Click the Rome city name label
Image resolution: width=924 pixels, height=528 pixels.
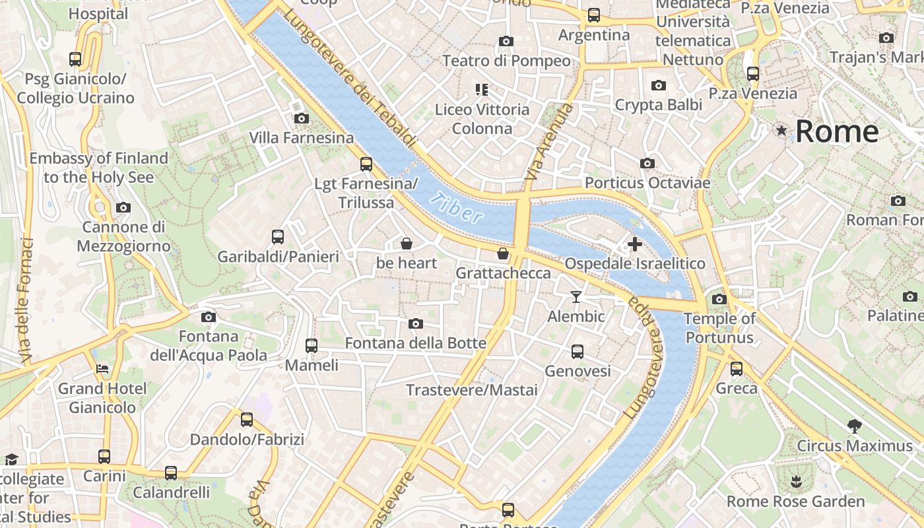[837, 132]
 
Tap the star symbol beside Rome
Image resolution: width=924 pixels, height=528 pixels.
[782, 131]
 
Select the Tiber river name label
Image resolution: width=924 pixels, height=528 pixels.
[455, 207]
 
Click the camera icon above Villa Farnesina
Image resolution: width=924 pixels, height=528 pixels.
[301, 119]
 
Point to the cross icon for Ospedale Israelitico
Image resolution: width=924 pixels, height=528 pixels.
[634, 244]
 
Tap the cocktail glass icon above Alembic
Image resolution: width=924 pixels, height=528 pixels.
[576, 297]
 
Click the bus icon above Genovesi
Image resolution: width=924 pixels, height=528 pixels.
[577, 352]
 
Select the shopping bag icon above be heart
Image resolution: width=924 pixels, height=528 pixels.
[407, 244]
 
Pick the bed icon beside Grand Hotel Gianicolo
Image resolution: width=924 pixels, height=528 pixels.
[102, 368]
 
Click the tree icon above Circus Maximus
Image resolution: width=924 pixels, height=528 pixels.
[854, 426]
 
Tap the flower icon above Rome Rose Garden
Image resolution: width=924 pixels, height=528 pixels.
[795, 482]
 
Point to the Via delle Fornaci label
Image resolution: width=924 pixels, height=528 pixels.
[27, 300]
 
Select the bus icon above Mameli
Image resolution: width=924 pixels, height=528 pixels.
[311, 345]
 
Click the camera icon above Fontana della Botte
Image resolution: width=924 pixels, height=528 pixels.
[415, 323]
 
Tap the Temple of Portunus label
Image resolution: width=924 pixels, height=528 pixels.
[719, 328]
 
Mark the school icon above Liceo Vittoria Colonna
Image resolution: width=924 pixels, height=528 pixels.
[482, 89]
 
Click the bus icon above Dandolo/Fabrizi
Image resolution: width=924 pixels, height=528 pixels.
[247, 420]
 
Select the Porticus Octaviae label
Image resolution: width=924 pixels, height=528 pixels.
[647, 183]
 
